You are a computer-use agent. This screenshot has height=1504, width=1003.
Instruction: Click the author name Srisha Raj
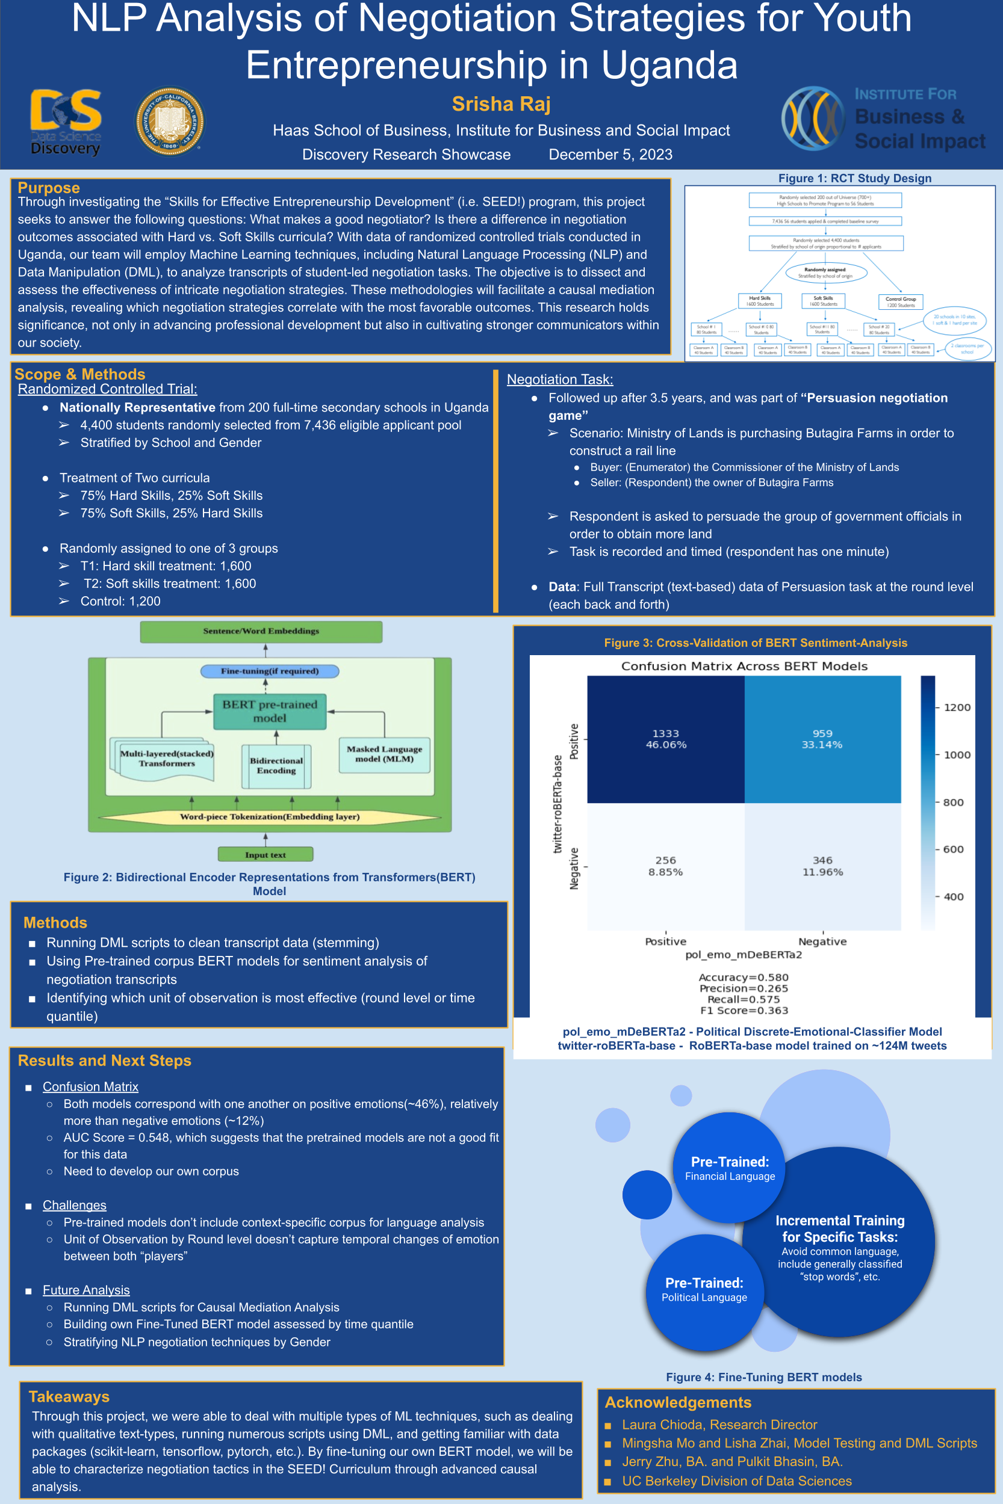click(x=501, y=103)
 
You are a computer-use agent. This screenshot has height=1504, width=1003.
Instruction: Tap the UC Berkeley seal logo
click(x=170, y=122)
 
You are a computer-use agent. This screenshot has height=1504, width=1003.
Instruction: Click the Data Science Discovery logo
click(x=65, y=122)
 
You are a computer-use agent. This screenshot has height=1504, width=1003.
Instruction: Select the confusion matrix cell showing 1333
click(x=665, y=739)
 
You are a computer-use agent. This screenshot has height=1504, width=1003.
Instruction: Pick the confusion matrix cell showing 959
click(x=822, y=739)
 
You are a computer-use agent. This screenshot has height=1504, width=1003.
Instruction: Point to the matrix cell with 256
click(x=665, y=866)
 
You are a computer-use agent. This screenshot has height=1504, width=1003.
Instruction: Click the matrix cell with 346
click(x=822, y=866)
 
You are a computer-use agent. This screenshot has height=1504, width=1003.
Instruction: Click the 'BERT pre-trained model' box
click(x=269, y=710)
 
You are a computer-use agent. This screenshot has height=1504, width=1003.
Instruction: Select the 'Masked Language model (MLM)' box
click(x=384, y=754)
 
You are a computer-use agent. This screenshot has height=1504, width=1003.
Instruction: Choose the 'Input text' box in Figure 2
click(x=265, y=855)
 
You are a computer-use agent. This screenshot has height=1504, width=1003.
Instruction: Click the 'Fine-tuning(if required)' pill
click(x=269, y=671)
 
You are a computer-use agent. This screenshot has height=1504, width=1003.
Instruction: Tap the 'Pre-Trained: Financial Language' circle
click(x=729, y=1167)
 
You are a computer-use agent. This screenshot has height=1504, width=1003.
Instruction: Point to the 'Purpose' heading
click(x=49, y=187)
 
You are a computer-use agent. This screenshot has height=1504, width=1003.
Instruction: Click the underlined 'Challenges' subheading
click(x=74, y=1205)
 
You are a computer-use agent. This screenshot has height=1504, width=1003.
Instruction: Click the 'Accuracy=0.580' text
click(x=744, y=978)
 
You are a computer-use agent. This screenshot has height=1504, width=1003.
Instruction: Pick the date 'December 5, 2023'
click(x=610, y=155)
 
